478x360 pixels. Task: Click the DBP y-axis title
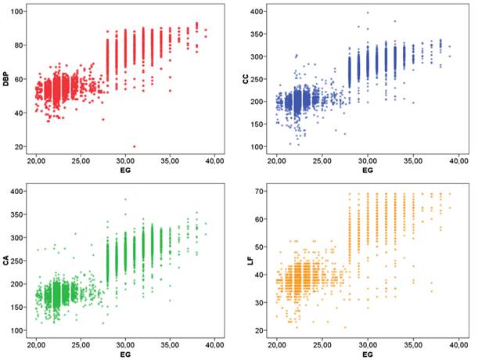[x=7, y=78]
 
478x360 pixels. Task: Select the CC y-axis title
[x=248, y=78]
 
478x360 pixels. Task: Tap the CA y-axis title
[x=7, y=261]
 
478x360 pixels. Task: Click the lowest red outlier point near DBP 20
[x=134, y=146]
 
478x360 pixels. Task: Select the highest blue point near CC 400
[x=367, y=13]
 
